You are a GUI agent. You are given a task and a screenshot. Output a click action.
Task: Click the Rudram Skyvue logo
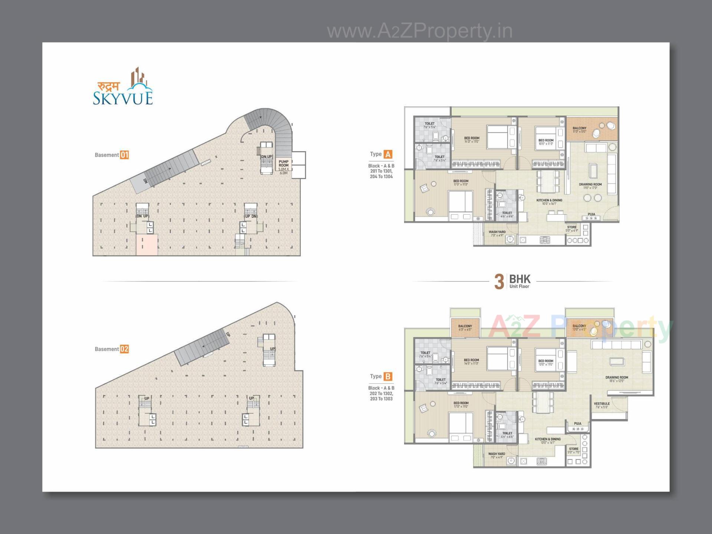[x=123, y=88]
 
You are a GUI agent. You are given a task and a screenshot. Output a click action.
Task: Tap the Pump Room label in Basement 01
[x=284, y=165]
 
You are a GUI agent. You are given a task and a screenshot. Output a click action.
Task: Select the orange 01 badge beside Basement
[x=124, y=155]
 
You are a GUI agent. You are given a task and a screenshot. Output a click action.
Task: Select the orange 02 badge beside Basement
[x=124, y=349]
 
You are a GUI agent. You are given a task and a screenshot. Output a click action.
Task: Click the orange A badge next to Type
[x=388, y=154]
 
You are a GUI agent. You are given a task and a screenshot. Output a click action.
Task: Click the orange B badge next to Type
[x=388, y=376]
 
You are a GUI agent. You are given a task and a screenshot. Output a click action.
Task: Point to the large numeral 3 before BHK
[x=499, y=281]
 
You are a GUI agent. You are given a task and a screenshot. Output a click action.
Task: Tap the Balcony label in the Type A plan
[x=580, y=129]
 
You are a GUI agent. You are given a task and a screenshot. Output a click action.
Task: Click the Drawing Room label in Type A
[x=590, y=185]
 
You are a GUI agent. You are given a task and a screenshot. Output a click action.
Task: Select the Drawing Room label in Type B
[x=617, y=379]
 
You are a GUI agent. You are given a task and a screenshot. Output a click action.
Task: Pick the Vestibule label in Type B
[x=601, y=405]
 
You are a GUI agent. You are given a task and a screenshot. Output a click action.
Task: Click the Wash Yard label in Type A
[x=497, y=233]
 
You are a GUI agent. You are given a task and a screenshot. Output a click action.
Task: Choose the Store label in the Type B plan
[x=574, y=450]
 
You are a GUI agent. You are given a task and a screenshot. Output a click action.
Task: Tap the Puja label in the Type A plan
[x=591, y=214]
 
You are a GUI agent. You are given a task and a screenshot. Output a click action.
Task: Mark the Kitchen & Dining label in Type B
[x=547, y=440]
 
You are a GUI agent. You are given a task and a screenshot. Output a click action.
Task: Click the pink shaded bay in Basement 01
[x=147, y=245]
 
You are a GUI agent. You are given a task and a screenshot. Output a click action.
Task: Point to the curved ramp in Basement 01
[x=274, y=126]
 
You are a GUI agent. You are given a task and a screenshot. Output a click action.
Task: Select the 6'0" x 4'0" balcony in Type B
[x=465, y=328]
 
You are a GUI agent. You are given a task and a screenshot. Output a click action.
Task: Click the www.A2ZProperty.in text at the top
[x=420, y=31]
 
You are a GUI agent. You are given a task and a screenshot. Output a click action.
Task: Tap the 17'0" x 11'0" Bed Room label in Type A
[x=461, y=182]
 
